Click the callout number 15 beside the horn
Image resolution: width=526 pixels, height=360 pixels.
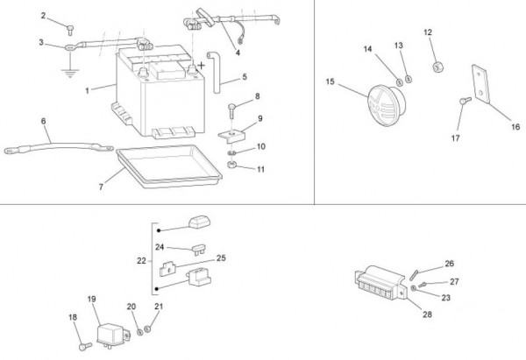click(331, 81)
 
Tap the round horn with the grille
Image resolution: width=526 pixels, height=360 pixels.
click(387, 105)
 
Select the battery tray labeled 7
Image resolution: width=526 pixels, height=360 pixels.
click(169, 166)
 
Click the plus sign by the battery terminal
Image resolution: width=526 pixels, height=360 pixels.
click(201, 66)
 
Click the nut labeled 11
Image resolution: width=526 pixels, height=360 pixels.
click(231, 165)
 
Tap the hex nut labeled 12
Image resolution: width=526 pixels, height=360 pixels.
click(437, 67)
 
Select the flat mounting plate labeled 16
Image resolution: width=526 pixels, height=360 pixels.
click(481, 83)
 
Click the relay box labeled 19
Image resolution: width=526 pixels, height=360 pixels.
click(112, 335)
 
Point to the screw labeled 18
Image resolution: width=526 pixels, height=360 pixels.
click(85, 346)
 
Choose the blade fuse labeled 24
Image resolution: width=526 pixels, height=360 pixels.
click(199, 250)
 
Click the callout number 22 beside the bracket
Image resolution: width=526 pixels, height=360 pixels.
click(141, 260)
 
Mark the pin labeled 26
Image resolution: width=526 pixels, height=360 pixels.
click(413, 275)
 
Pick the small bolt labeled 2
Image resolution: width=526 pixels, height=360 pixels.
click(70, 30)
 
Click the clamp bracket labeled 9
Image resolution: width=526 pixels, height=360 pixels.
click(232, 137)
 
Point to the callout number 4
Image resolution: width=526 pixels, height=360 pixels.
click(238, 53)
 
